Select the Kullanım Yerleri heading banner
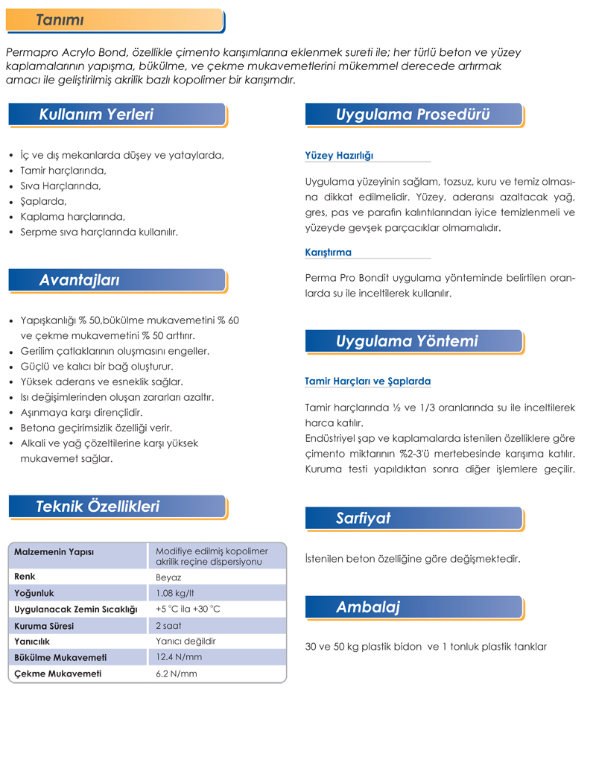96,115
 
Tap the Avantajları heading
79,280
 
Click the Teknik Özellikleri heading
98,507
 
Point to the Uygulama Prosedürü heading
413,115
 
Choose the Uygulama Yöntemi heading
407,341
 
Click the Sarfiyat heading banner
364,519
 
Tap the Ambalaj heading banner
368,607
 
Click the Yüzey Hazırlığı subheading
339,156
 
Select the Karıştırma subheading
329,253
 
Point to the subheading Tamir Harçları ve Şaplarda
368,381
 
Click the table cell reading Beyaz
169,577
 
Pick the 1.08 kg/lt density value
176,593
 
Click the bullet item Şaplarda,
43,201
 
